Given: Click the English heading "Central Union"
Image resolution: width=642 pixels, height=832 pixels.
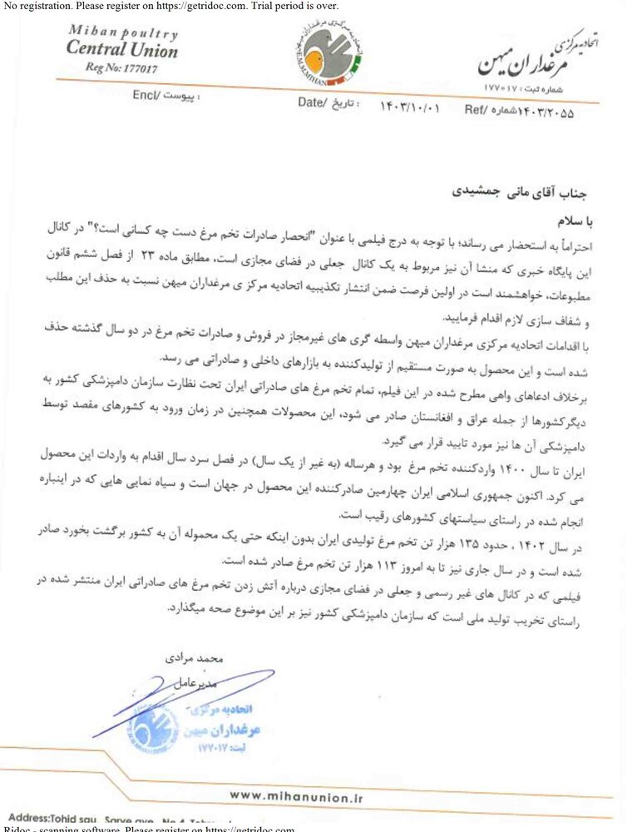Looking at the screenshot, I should pos(121,50).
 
